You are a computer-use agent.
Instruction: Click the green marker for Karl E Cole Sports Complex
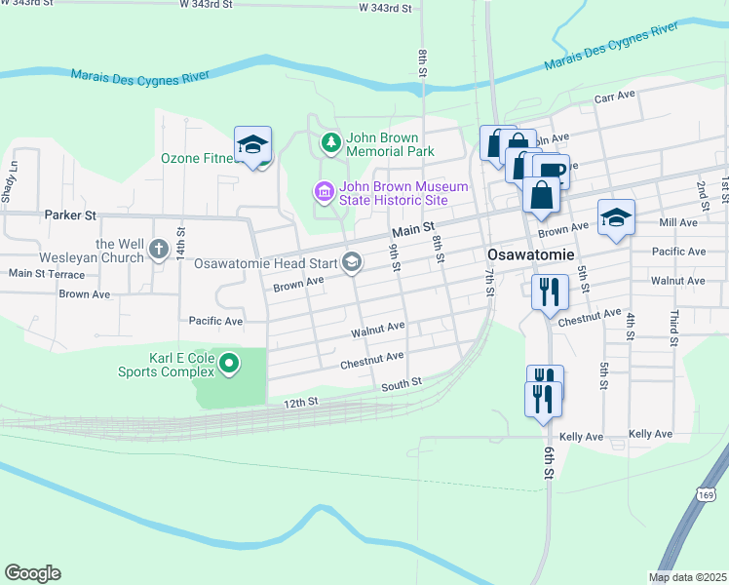click(229, 365)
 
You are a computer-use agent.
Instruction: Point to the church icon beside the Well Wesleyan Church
click(160, 251)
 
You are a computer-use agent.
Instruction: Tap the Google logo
click(32, 573)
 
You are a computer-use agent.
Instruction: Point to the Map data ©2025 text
click(687, 577)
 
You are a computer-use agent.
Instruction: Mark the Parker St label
click(70, 214)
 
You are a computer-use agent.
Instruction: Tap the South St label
click(401, 384)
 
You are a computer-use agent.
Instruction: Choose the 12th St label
click(301, 402)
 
